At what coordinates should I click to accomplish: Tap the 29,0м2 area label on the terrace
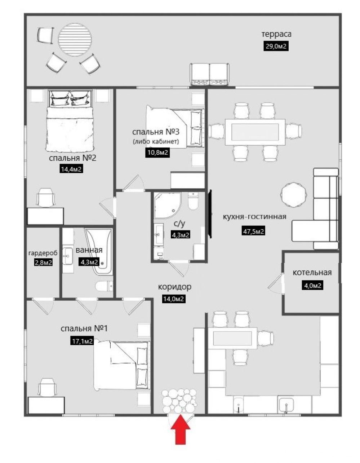click(x=276, y=46)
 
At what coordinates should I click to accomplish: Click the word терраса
click(x=276, y=34)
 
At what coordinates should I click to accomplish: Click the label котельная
click(x=312, y=273)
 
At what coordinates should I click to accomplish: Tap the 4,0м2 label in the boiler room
click(x=312, y=286)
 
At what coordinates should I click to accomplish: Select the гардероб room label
click(x=43, y=253)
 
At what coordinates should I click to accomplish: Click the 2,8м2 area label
click(x=43, y=263)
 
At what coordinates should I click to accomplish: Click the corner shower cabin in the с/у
click(x=168, y=205)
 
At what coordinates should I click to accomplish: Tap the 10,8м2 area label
click(x=157, y=152)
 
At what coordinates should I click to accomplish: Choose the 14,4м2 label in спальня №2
click(x=71, y=169)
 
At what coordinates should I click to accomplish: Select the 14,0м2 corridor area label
click(x=173, y=299)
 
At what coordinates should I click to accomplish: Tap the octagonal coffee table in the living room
click(x=294, y=194)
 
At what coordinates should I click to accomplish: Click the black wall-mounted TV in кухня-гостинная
click(x=210, y=214)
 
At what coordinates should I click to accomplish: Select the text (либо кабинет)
click(x=156, y=141)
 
